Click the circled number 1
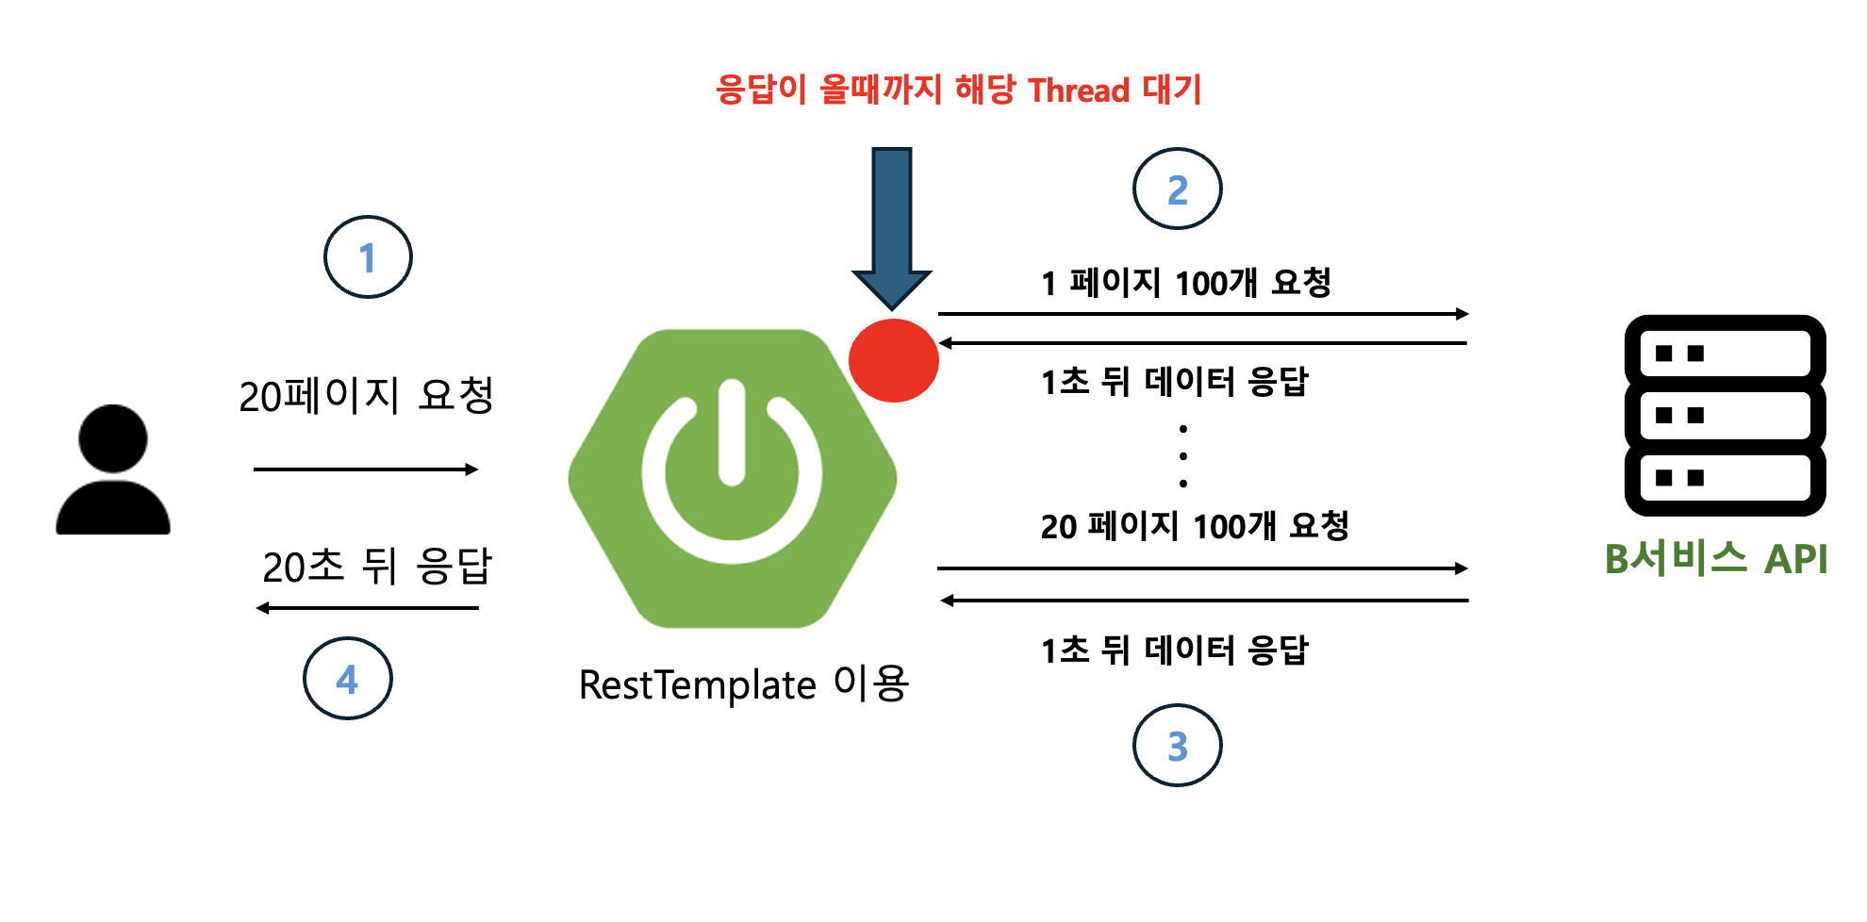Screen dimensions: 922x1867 click(x=368, y=257)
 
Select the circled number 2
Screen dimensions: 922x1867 click(x=1177, y=189)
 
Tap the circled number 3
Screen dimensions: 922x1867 click(x=1177, y=746)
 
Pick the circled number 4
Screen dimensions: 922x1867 click(x=347, y=679)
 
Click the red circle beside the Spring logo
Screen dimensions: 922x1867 click(x=893, y=360)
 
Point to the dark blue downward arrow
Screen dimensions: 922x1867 click(x=892, y=226)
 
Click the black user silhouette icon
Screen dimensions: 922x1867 click(x=113, y=471)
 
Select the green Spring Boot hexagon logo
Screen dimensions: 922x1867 click(x=733, y=478)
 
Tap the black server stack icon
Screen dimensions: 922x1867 click(x=1725, y=416)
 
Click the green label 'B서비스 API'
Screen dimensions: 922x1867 click(x=1716, y=559)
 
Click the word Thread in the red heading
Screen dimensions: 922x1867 click(x=1079, y=91)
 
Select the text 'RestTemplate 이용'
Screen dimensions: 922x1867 click(x=743, y=684)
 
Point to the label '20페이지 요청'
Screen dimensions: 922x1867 click(x=366, y=396)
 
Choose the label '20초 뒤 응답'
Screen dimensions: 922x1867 click(x=377, y=567)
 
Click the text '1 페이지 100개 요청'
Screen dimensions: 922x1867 click(x=1185, y=283)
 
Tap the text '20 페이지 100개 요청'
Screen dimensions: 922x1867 click(x=1195, y=526)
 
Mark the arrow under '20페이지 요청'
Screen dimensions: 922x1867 click(x=366, y=469)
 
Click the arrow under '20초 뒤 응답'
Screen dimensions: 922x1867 click(x=368, y=608)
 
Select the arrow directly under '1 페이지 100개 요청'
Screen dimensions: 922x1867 click(x=1203, y=314)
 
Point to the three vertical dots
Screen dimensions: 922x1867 click(x=1183, y=456)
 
